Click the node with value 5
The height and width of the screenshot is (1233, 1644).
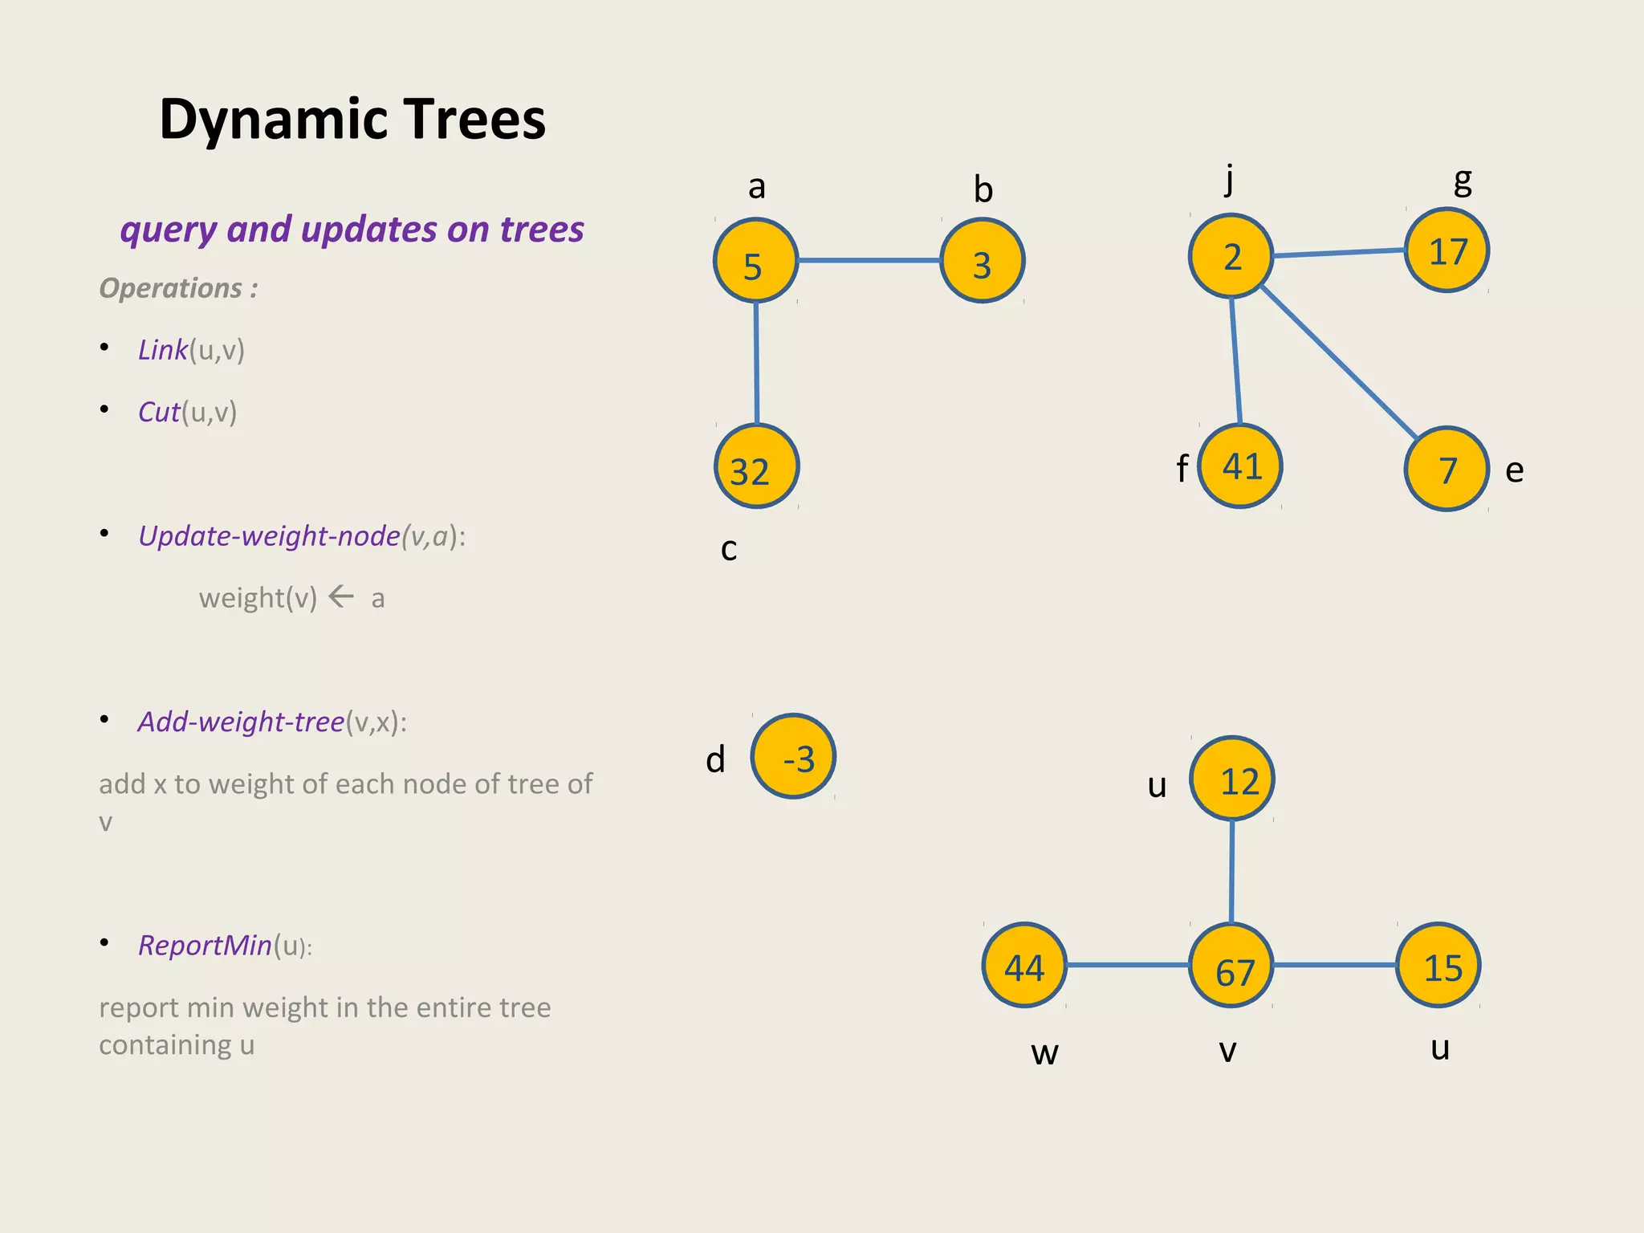tap(755, 261)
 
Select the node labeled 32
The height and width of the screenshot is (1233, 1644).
tap(756, 467)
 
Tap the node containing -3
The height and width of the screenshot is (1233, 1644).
tap(793, 756)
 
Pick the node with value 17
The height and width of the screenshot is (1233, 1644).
tap(1447, 250)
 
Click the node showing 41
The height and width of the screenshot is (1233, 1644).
tap(1240, 466)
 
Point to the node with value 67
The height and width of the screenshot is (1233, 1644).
tap(1231, 966)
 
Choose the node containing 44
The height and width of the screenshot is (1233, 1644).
tap(1024, 966)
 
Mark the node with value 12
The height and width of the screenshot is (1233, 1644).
tap(1232, 779)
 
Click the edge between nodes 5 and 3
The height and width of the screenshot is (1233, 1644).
tap(869, 260)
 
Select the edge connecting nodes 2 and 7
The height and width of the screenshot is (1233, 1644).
tap(1338, 361)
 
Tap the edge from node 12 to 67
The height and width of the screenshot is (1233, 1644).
tap(1232, 871)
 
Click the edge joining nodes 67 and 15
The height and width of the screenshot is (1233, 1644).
tap(1334, 965)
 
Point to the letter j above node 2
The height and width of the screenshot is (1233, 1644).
tap(1229, 178)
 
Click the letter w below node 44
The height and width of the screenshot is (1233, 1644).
tap(1044, 1052)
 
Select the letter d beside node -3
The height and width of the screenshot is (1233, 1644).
tap(715, 759)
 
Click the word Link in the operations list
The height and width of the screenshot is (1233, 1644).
tap(162, 350)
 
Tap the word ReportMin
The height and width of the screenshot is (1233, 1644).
tap(205, 946)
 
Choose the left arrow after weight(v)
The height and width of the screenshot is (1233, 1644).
tap(342, 596)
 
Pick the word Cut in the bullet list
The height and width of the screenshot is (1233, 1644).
tap(159, 412)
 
